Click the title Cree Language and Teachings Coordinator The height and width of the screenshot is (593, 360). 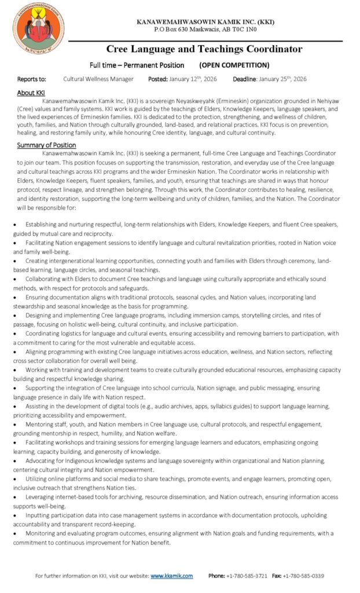click(x=204, y=49)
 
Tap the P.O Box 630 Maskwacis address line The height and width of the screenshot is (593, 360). click(x=205, y=29)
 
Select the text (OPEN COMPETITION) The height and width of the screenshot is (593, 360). click(x=234, y=65)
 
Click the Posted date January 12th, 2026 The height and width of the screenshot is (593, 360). click(x=192, y=79)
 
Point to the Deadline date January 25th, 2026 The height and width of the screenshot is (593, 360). click(x=284, y=79)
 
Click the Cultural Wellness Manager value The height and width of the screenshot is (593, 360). click(x=98, y=79)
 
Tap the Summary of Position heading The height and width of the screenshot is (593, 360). click(x=46, y=145)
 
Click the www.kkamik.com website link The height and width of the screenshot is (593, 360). click(x=171, y=576)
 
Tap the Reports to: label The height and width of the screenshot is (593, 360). click(x=31, y=79)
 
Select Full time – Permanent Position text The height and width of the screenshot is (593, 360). click(x=137, y=65)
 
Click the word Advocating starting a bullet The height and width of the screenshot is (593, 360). click(x=41, y=460)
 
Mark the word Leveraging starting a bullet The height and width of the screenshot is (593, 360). click(x=41, y=497)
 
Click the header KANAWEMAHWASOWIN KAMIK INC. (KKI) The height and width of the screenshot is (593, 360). click(x=205, y=21)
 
